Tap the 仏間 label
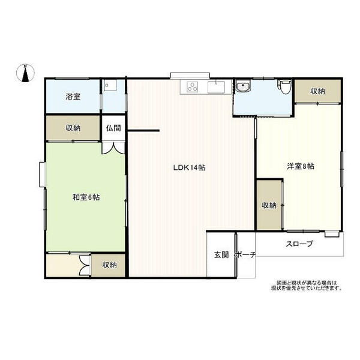[113, 127]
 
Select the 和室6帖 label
[86, 197]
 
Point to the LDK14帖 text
[190, 167]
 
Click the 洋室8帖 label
[299, 166]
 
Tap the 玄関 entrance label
[221, 254]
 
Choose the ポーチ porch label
[245, 254]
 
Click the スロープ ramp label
[298, 244]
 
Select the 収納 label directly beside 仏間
[73, 128]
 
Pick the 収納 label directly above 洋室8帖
[317, 91]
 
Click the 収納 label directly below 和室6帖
[109, 265]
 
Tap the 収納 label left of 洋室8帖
[268, 205]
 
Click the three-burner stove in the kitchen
[193, 87]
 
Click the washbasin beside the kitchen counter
[243, 88]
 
